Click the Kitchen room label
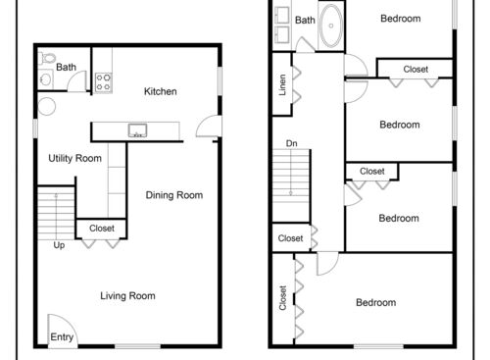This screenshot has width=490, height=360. (160, 91)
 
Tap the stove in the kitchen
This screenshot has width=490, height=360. (104, 82)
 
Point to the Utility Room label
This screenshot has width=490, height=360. (75, 158)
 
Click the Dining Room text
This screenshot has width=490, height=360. (174, 195)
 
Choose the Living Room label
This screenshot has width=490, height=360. (128, 295)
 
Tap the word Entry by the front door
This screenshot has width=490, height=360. (61, 339)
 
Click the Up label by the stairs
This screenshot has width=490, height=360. (59, 245)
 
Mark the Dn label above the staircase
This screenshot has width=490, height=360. (291, 143)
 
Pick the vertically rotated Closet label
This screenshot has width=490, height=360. (283, 296)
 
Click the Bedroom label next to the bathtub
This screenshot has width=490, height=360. (400, 19)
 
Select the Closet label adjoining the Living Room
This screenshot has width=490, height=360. (101, 229)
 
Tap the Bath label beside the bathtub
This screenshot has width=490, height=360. (305, 20)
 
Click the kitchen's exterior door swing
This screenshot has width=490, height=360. (206, 126)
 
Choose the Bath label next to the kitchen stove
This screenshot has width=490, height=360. (66, 68)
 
